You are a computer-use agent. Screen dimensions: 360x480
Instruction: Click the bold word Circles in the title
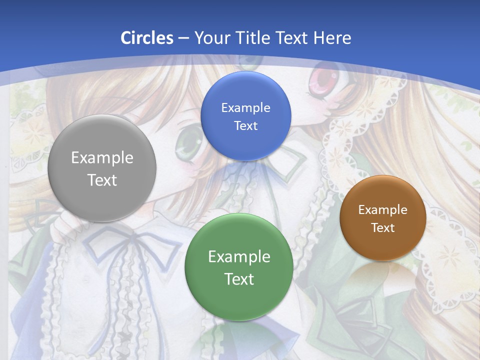pos(147,37)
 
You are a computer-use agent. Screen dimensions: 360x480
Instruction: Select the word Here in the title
pos(332,37)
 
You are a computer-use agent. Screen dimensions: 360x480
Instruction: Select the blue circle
pos(245,142)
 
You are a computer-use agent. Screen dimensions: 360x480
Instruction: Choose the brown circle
pos(383,245)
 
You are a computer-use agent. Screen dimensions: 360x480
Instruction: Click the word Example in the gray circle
pos(102,157)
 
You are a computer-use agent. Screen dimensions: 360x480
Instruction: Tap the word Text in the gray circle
pos(102,180)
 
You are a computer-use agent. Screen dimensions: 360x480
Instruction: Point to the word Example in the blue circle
pos(245,107)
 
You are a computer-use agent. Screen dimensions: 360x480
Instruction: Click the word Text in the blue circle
pos(245,125)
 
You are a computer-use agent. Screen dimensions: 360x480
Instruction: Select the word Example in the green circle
pos(239,256)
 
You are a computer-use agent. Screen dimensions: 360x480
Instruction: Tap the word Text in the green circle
pos(239,279)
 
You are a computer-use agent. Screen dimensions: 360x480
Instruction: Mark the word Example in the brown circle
pos(383,209)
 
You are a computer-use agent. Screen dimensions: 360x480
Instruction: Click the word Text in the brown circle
pos(383,227)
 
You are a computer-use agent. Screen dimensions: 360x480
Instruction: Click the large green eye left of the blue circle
pos(188,141)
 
